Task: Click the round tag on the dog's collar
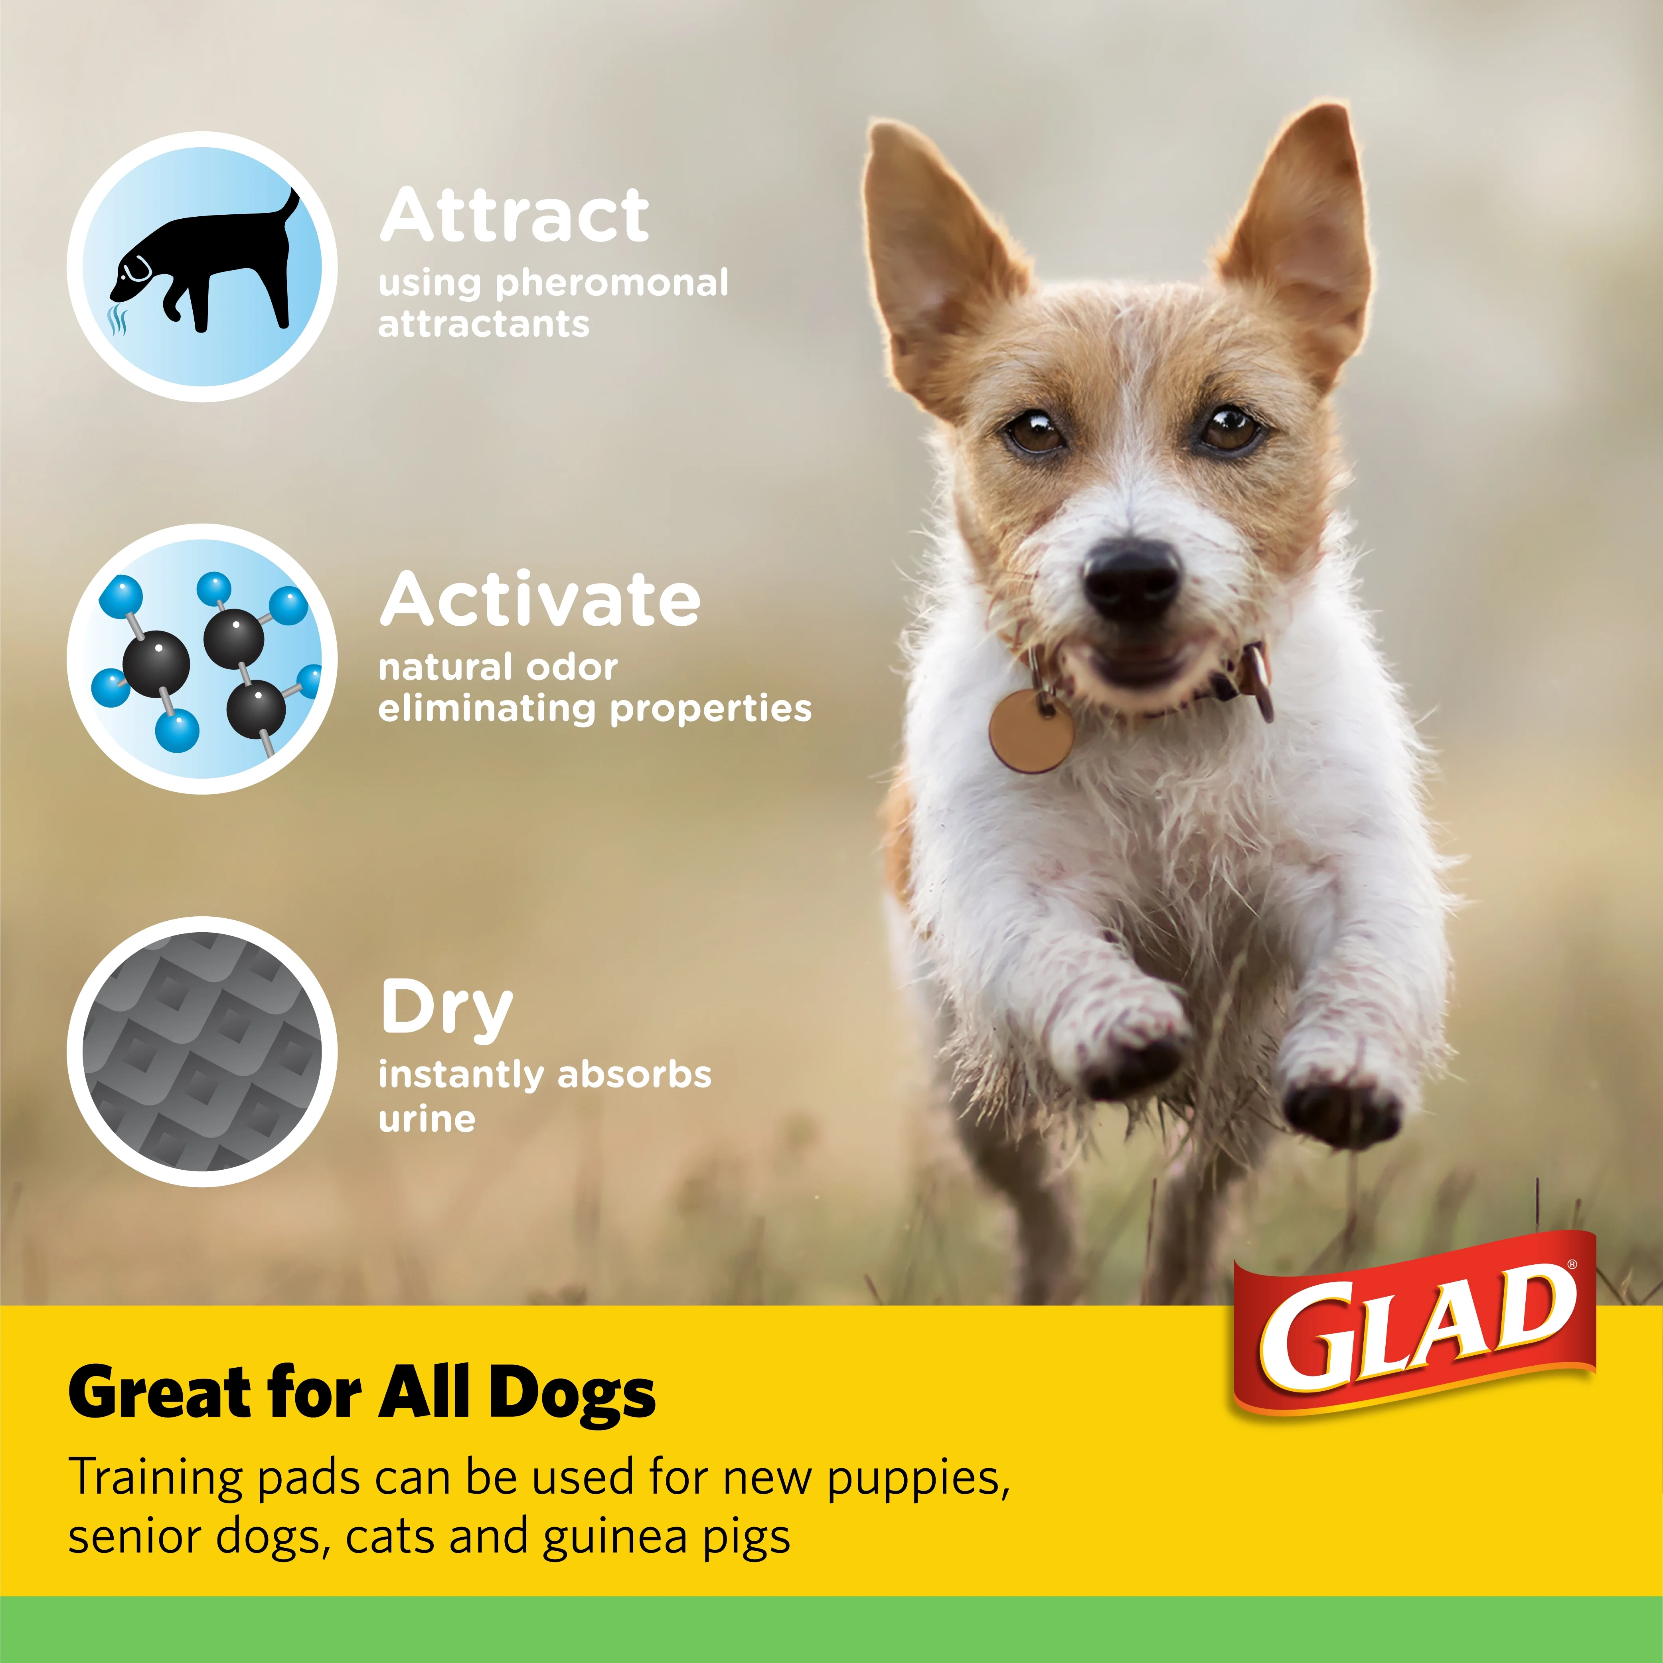1031,730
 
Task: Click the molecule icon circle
203,658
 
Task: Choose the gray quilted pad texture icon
203,1052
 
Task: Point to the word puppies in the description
918,1477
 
